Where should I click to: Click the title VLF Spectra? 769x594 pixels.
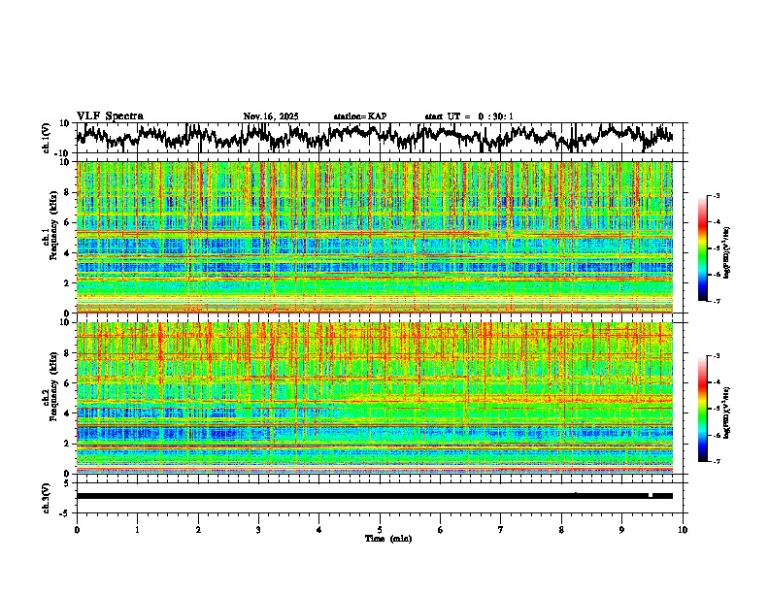[x=110, y=116]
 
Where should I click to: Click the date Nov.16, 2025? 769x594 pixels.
[x=271, y=116]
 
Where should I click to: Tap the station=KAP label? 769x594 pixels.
[x=359, y=116]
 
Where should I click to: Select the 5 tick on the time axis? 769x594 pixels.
[x=380, y=529]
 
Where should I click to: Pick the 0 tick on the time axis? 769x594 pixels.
[x=77, y=529]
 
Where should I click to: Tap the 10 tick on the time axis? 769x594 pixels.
[x=683, y=529]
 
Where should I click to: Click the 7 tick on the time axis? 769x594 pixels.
[x=501, y=529]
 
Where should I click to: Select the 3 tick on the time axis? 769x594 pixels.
[x=258, y=529]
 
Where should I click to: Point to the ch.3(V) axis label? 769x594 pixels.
[x=47, y=496]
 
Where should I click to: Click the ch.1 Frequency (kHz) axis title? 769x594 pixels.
[x=50, y=237]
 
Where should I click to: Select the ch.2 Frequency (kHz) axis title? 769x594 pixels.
[x=50, y=397]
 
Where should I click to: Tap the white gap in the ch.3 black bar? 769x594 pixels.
[x=650, y=495]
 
